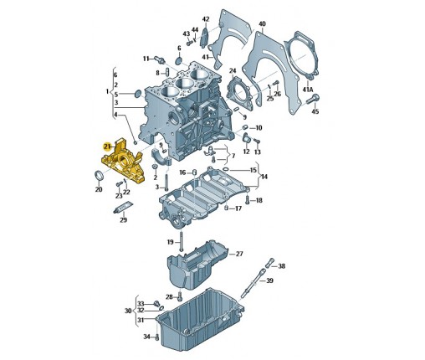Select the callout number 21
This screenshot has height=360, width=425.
tap(107, 147)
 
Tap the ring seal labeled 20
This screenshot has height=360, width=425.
tap(99, 176)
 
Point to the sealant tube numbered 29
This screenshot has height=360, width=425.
tap(123, 208)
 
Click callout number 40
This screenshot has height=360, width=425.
tap(262, 24)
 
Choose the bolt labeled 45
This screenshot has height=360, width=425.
tap(313, 99)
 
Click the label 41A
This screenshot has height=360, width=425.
tap(308, 90)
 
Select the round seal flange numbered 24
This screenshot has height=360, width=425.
tap(239, 93)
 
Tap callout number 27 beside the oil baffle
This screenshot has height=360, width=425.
tap(239, 254)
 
